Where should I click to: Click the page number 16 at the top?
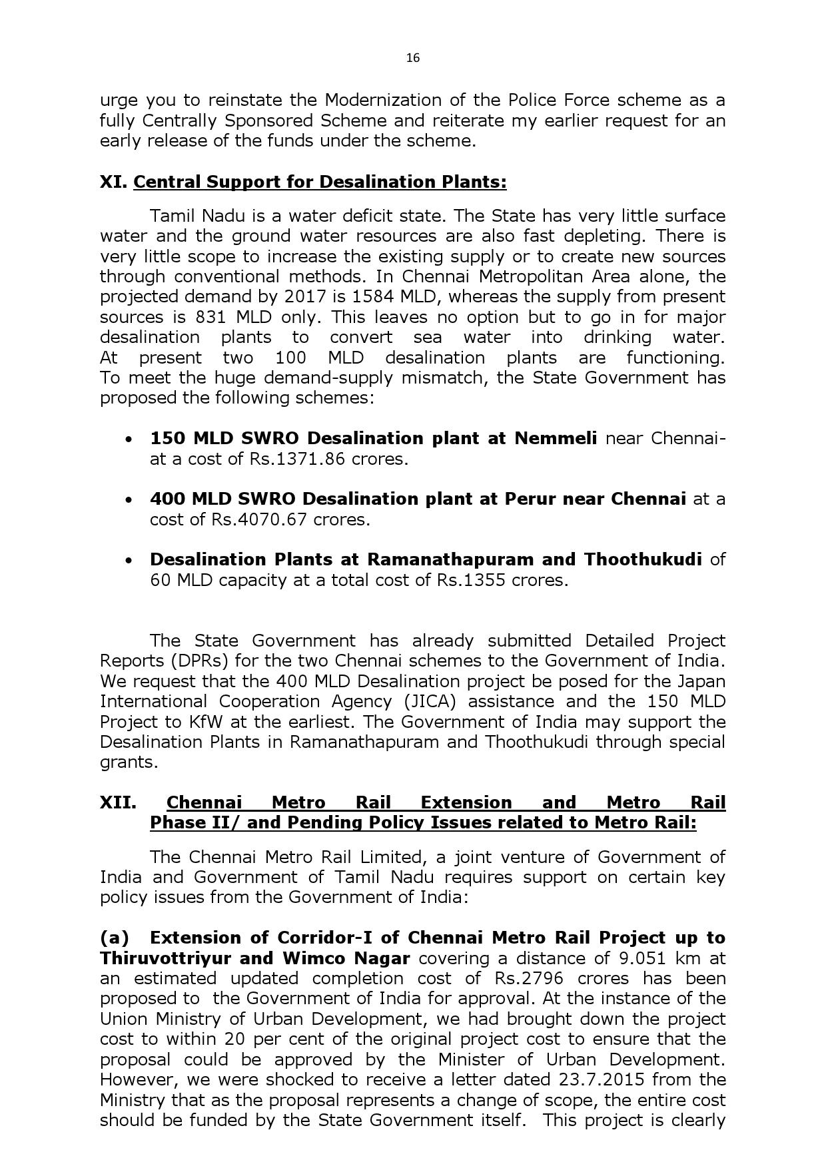(x=413, y=58)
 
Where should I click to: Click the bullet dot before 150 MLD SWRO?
(x=129, y=439)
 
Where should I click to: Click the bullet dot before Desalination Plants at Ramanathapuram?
(x=129, y=560)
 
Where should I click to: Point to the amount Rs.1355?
(x=471, y=580)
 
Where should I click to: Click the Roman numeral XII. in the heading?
(x=118, y=802)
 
